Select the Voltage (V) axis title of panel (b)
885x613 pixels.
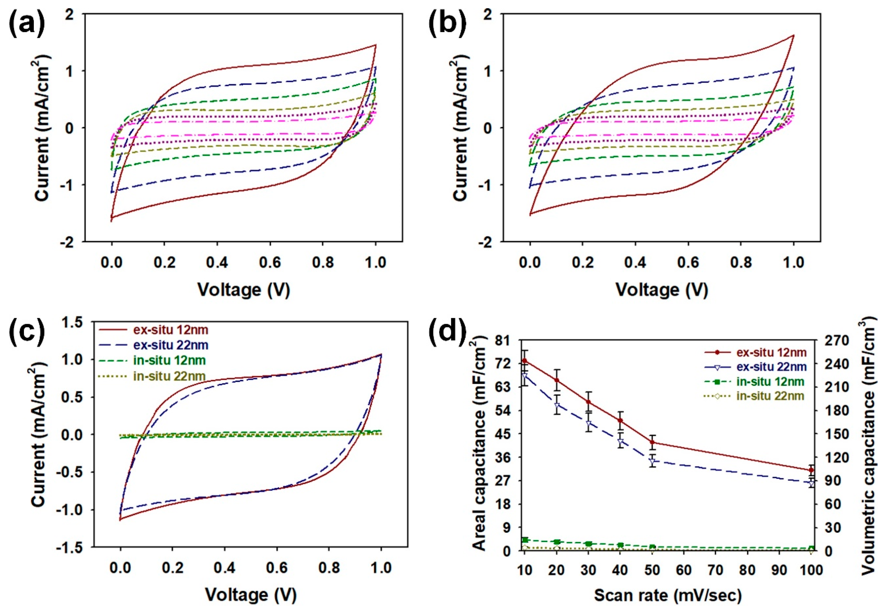(x=661, y=289)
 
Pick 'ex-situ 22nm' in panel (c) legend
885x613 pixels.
(x=170, y=345)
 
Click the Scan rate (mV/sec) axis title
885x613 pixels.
(x=667, y=596)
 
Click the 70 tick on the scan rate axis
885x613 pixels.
(x=716, y=570)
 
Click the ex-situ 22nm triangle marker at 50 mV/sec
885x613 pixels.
(x=652, y=461)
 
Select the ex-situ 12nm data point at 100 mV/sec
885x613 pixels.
(x=811, y=470)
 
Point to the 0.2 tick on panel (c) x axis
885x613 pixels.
(x=172, y=568)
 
